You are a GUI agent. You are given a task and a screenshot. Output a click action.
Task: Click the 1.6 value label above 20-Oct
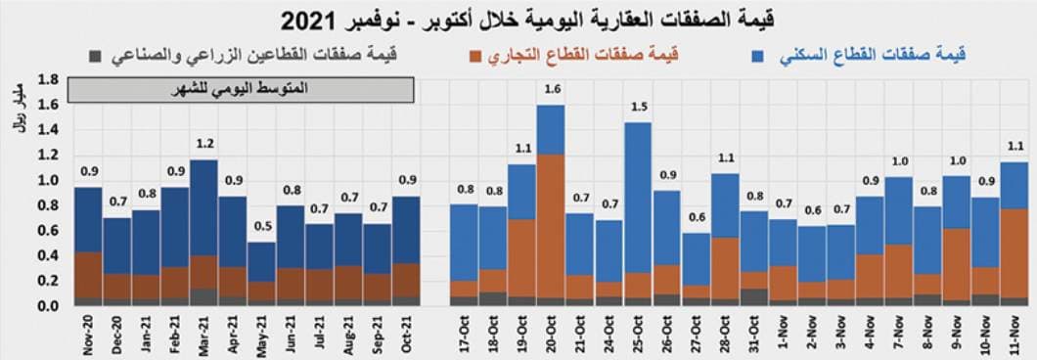click(552, 89)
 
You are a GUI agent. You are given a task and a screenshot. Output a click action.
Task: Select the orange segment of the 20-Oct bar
click(552, 225)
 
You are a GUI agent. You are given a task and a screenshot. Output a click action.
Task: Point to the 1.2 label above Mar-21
click(203, 145)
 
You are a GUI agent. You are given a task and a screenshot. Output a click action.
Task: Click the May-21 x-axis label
click(261, 334)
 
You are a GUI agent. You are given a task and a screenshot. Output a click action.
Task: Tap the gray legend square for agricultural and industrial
click(94, 57)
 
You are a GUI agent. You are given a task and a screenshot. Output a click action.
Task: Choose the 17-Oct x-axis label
click(465, 334)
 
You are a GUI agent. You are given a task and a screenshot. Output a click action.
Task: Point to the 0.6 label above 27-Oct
click(696, 217)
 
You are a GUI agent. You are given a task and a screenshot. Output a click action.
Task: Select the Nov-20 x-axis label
click(88, 334)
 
